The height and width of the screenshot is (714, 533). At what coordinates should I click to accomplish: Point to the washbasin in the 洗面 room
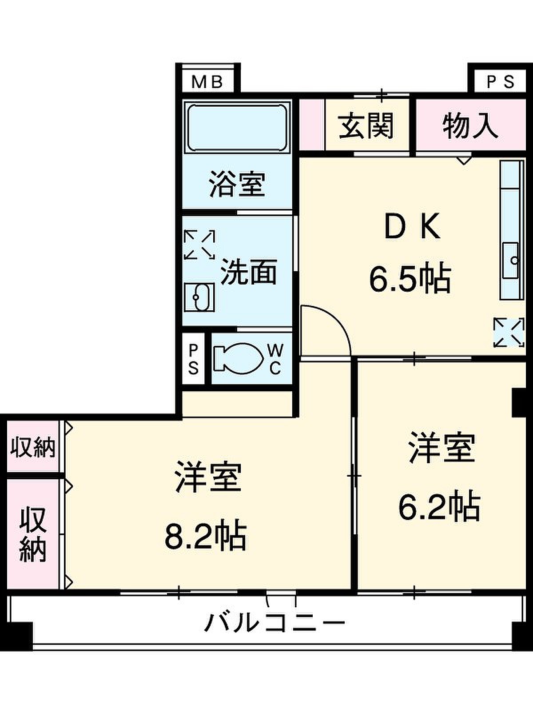point(199,297)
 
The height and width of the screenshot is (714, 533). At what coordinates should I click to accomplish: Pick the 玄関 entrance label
point(366,125)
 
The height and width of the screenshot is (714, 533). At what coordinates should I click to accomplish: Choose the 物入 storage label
point(470,125)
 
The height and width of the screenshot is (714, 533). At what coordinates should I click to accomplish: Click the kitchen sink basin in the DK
point(511,260)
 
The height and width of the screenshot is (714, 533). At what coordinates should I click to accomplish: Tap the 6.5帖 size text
point(410,279)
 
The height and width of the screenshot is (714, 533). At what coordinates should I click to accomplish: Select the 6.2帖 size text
point(439,506)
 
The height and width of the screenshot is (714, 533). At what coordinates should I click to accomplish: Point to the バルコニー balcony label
point(274,622)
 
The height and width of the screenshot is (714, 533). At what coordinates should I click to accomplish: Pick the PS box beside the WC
point(193,359)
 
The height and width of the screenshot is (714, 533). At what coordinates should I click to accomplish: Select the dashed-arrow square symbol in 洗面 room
point(199,245)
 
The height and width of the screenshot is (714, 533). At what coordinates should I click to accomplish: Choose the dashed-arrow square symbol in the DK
point(509,333)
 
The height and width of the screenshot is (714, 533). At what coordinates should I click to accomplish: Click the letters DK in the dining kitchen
point(413,226)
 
